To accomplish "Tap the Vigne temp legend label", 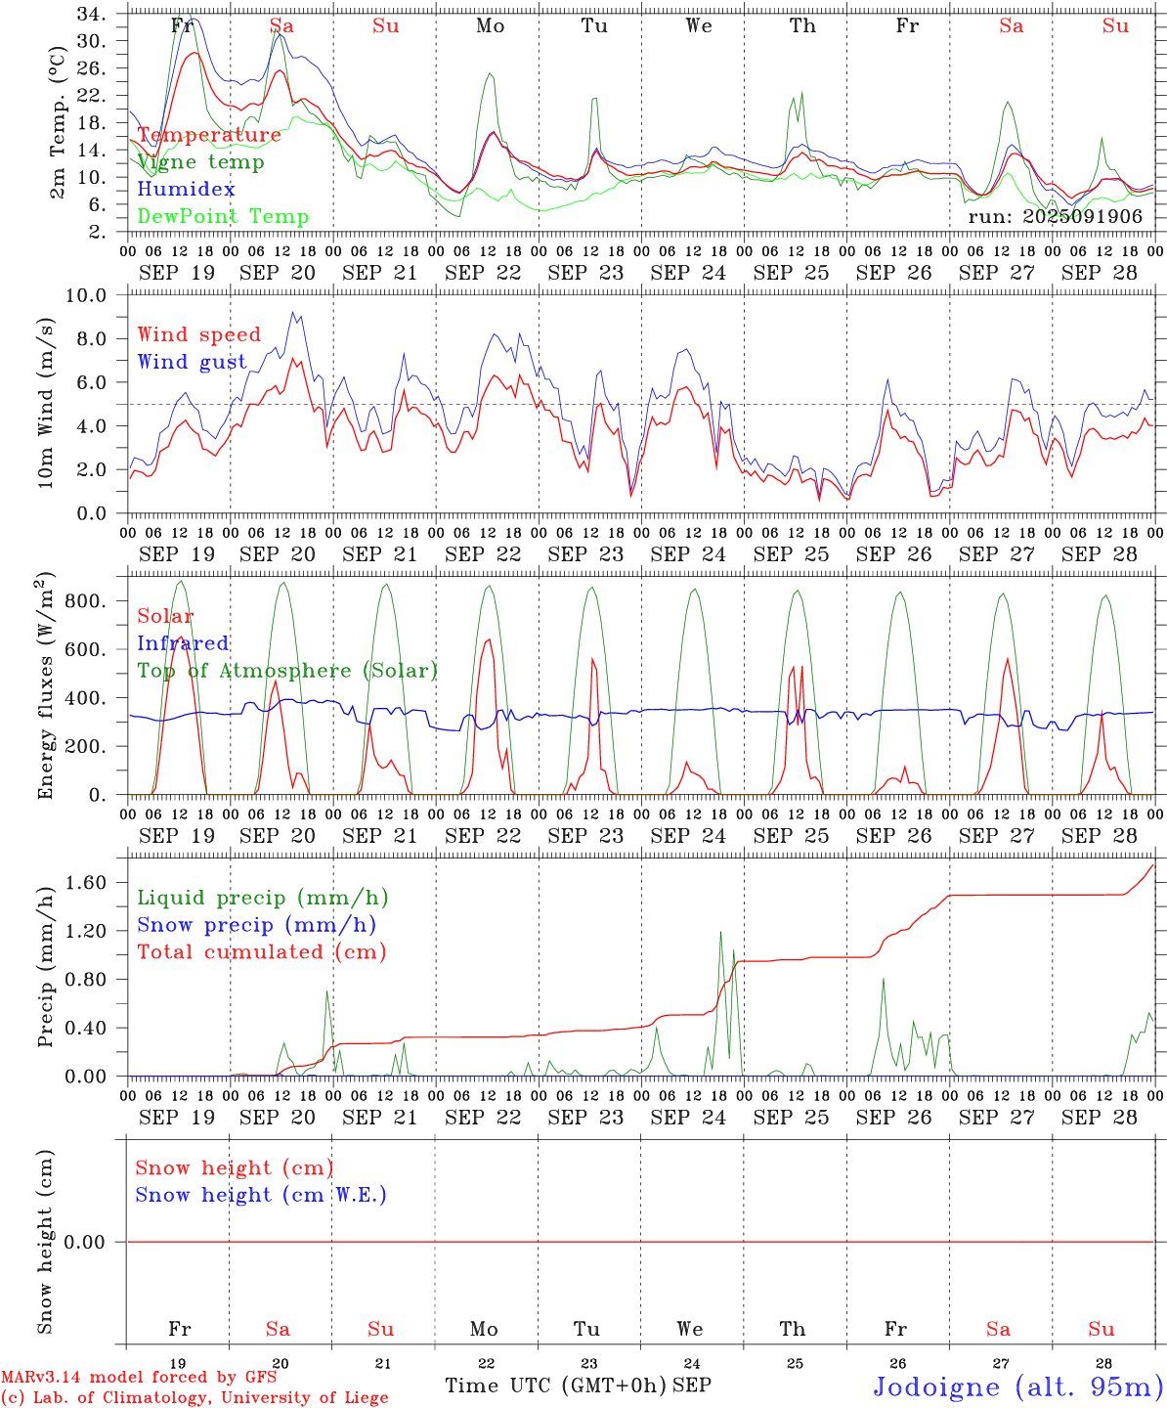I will pyautogui.click(x=200, y=162).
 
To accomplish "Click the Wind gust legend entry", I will pyautogui.click(x=192, y=362).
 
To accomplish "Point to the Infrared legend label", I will pyautogui.click(x=183, y=643).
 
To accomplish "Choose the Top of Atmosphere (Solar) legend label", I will pyautogui.click(x=286, y=671).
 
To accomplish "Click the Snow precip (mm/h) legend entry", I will pyautogui.click(x=256, y=925).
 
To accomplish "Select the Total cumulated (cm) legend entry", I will pyautogui.click(x=261, y=952).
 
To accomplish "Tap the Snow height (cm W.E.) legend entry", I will pyautogui.click(x=260, y=1195).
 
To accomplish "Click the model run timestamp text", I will pyautogui.click(x=1055, y=217).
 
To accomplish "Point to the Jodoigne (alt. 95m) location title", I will pyautogui.click(x=1017, y=1387).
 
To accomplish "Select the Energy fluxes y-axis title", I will pyautogui.click(x=45, y=686).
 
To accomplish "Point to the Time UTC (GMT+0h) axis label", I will pyautogui.click(x=555, y=1386).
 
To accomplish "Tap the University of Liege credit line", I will pyautogui.click(x=194, y=1398).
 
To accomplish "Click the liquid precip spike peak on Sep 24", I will pyautogui.click(x=720, y=932).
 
